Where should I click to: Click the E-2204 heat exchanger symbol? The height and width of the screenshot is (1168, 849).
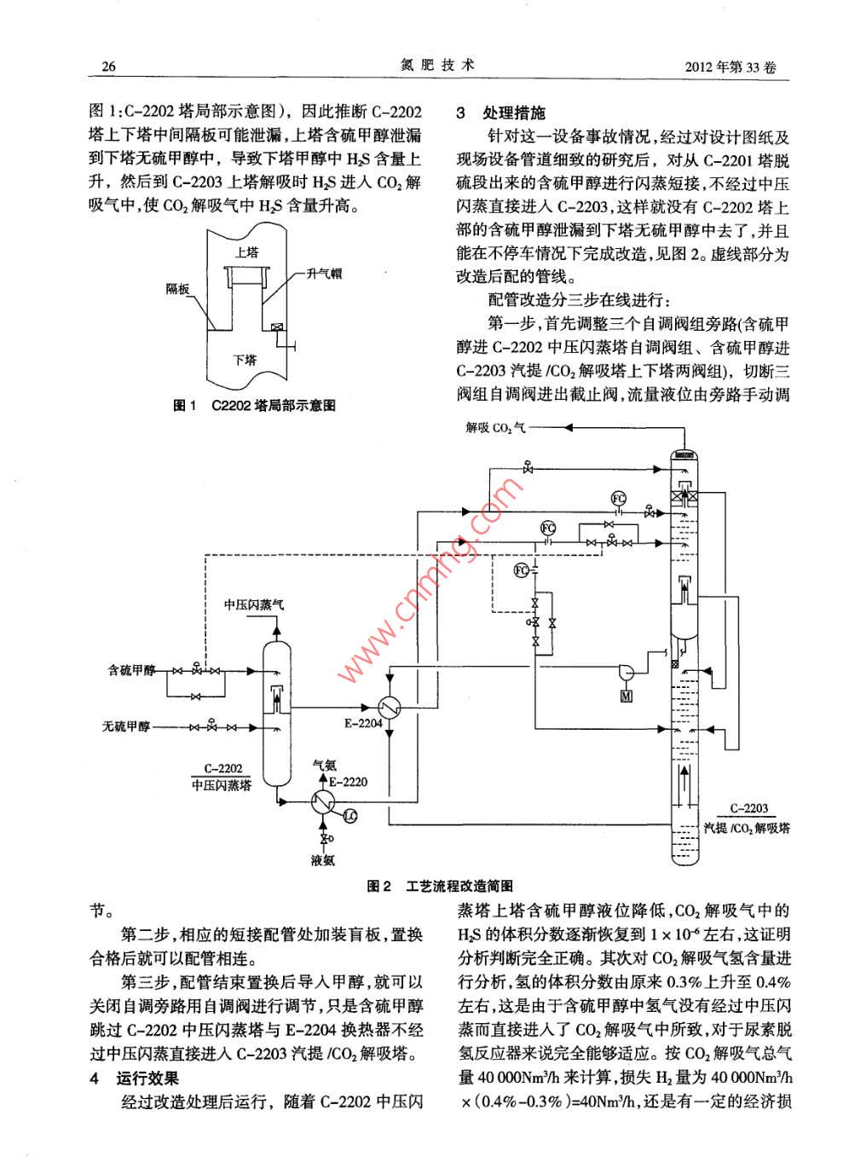coord(390,707)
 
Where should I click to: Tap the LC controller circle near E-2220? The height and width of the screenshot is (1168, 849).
coord(349,816)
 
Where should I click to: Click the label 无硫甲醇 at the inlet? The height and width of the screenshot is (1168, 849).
coord(126,726)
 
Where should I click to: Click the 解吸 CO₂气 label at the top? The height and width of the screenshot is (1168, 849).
coord(495,427)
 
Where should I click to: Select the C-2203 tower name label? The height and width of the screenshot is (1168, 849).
coord(748,808)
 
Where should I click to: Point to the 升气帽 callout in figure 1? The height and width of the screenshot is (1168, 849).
coord(324,274)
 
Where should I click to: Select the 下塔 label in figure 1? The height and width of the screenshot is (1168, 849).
coord(245,360)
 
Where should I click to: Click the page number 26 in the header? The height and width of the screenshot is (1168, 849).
coord(108,67)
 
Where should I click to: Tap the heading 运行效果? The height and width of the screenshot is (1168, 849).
coord(147,1078)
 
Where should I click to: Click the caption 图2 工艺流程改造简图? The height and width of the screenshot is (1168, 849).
coord(440,887)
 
